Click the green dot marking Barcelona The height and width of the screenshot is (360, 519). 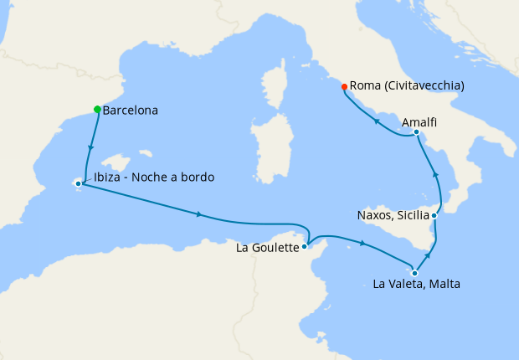click(98, 110)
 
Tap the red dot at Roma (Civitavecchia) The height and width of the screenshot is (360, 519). click(344, 86)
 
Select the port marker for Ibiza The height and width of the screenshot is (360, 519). click(79, 183)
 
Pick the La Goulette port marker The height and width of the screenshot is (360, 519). click(306, 246)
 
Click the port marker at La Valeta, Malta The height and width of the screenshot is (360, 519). click(414, 273)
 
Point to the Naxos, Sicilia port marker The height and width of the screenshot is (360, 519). click(434, 215)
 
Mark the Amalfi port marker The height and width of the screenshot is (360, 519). click(416, 132)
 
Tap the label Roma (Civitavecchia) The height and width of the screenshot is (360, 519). click(407, 85)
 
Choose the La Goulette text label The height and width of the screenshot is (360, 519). click(268, 248)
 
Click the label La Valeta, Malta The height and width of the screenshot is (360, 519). click(416, 285)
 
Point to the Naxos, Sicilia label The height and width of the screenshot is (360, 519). click(393, 214)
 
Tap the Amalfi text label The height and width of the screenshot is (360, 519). click(419, 122)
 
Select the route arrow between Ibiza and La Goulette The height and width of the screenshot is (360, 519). click(198, 214)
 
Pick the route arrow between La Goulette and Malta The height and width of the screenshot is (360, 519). click(362, 244)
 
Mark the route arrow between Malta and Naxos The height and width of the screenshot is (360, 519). click(430, 253)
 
